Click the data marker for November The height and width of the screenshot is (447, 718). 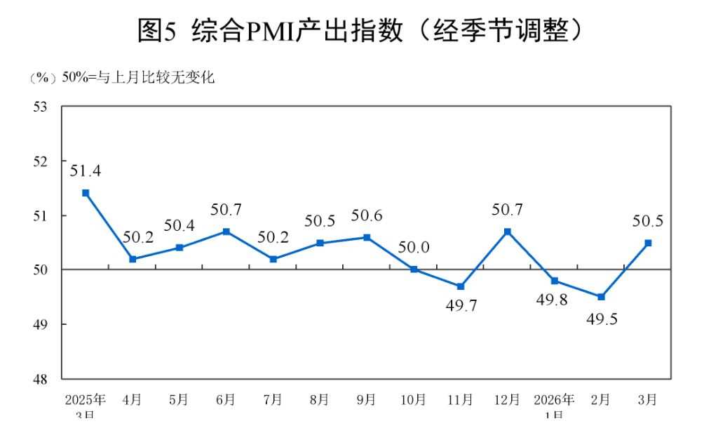pos(460,286)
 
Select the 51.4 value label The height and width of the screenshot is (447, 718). pos(84,170)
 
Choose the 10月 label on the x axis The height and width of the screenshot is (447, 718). pos(413,400)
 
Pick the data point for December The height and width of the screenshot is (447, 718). pos(507,232)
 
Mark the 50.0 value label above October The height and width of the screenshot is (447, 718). pos(414,247)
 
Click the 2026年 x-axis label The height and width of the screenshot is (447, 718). pos(554,400)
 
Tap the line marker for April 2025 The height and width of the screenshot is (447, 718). pos(133,259)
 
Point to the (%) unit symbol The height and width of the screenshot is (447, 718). pos(43,78)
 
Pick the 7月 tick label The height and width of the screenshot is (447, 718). pos(273,400)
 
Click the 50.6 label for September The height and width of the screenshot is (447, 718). pos(367,216)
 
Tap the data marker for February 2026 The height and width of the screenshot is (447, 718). pos(601,297)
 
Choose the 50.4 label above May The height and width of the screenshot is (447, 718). pos(179,226)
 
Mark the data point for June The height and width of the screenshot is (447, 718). pos(226,232)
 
